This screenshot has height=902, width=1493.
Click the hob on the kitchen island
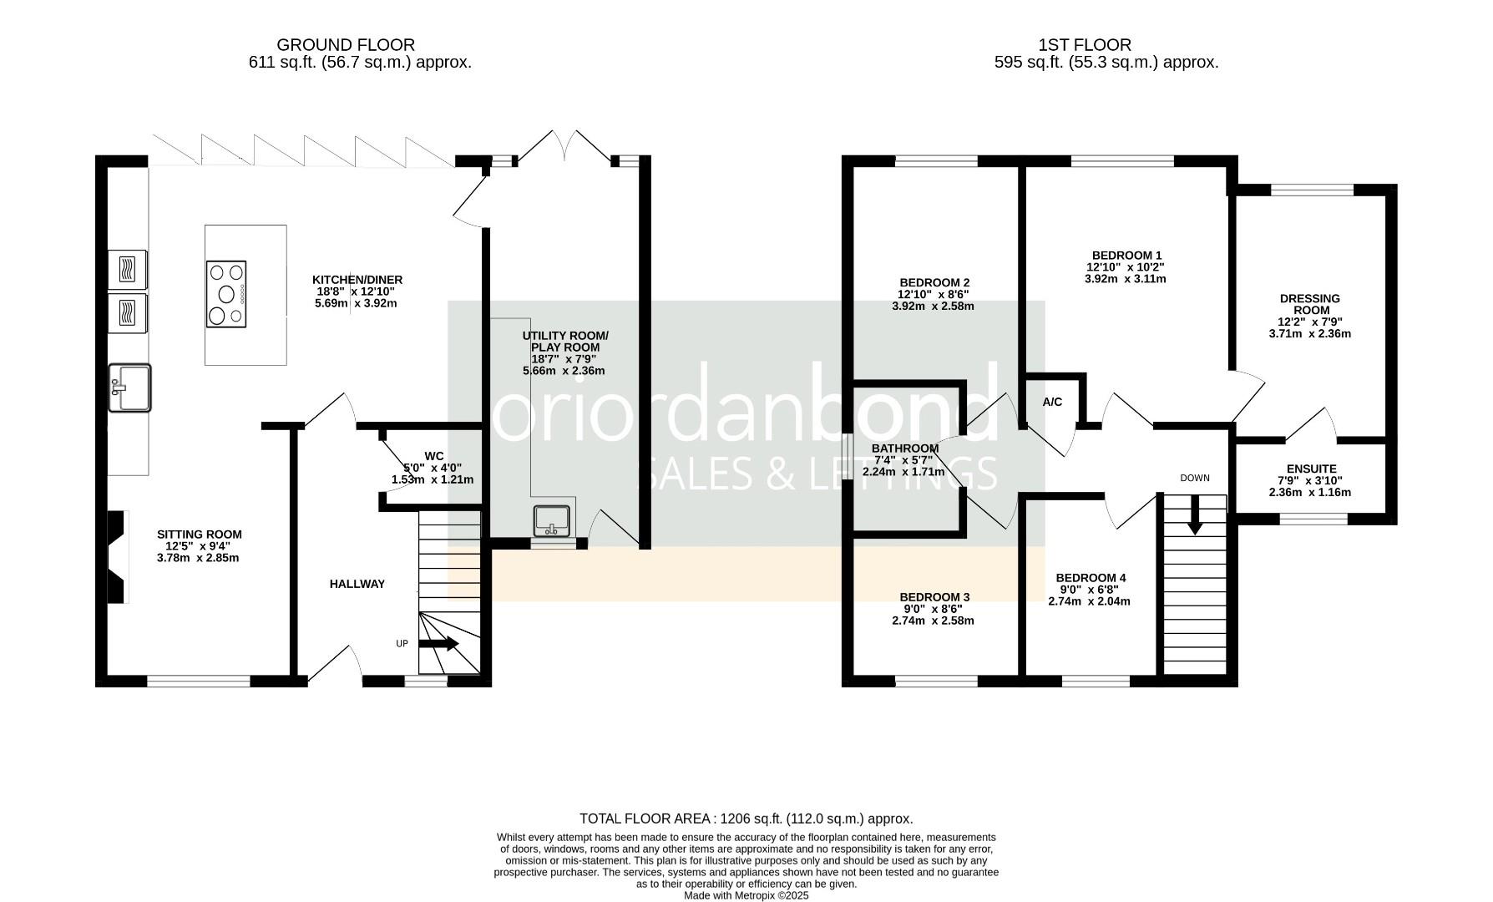tap(226, 293)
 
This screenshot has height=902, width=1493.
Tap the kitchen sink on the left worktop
tap(129, 388)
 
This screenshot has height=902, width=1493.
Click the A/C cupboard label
tap(1052, 403)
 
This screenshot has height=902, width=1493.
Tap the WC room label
tap(434, 456)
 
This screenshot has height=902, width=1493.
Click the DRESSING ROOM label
tap(1310, 304)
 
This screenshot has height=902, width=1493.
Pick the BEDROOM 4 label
tap(1091, 578)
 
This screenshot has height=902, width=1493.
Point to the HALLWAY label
tap(357, 584)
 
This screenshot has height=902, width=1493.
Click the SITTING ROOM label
tap(200, 535)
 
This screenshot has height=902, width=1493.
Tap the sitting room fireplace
tap(117, 556)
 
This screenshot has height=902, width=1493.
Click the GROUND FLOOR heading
tap(346, 45)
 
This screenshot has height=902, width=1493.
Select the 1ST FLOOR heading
tap(1085, 45)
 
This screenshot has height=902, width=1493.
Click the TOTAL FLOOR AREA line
tap(746, 819)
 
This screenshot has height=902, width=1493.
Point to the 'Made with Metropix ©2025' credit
tap(746, 895)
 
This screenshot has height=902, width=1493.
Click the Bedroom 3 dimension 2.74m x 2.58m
tap(933, 621)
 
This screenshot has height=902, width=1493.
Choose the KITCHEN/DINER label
tap(357, 280)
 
